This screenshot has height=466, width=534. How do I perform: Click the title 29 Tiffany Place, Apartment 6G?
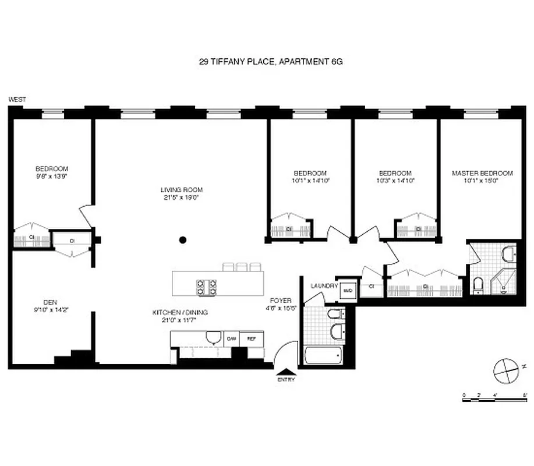coord(267,61)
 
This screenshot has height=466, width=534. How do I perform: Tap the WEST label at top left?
coord(16,100)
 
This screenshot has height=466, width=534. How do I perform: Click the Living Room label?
coord(182,189)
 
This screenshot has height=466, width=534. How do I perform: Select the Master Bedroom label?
coord(482,173)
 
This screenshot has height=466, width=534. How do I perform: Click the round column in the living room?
coord(183,239)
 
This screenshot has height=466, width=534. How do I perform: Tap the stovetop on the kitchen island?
coord(207,286)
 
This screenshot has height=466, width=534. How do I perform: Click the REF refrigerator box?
coord(252,338)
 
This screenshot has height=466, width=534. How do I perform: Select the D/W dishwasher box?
coord(231,338)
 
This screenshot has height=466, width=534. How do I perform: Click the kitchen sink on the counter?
coord(213,338)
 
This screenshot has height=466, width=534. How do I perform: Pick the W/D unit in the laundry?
coord(348,290)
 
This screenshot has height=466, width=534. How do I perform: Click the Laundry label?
coord(324,286)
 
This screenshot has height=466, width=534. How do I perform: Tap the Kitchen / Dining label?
coord(180,312)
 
